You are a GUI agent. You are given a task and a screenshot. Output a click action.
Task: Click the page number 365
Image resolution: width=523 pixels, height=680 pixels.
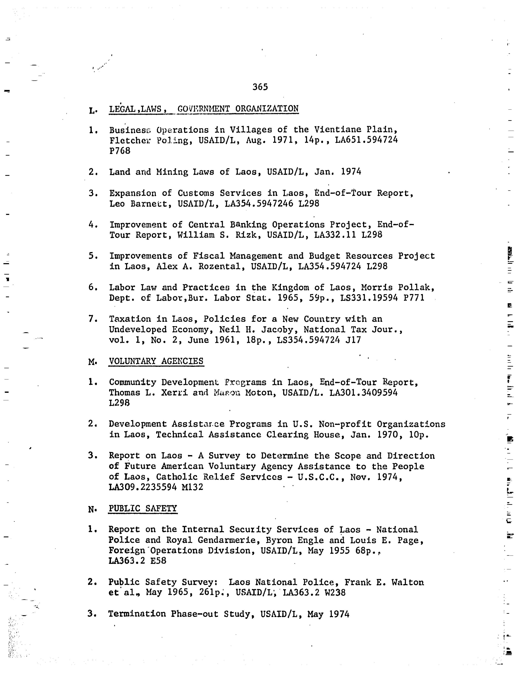(x=260, y=87)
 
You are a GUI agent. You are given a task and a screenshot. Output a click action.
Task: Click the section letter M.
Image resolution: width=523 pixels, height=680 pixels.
(x=92, y=362)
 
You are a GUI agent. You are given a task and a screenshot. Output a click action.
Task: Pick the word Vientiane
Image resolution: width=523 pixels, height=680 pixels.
(x=337, y=130)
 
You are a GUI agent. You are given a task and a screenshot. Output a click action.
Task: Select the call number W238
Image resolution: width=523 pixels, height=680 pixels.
(x=335, y=593)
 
